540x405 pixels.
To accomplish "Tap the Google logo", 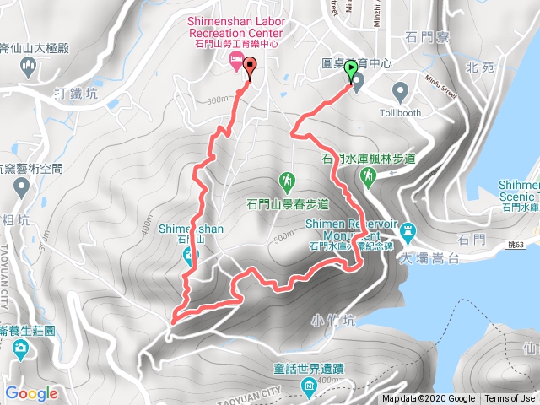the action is point(31,393).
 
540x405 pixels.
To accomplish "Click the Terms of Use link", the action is point(509,399).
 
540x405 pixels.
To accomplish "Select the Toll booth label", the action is point(400,112).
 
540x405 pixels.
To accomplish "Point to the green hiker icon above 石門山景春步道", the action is point(287,181).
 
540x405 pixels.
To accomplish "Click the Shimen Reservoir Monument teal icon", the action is point(409,229).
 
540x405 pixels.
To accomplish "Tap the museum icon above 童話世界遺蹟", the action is point(309,387).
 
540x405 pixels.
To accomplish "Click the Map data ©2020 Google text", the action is point(428,399).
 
